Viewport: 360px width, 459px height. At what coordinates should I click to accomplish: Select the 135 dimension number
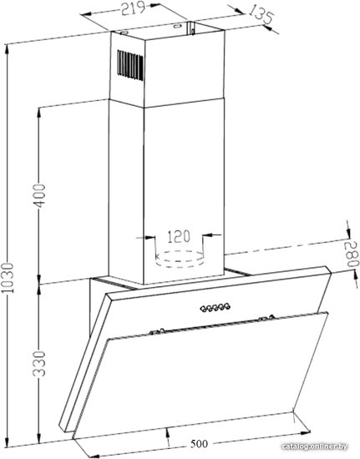261,13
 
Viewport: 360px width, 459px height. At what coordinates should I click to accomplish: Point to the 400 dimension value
39,195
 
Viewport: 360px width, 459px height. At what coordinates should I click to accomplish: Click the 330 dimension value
39,364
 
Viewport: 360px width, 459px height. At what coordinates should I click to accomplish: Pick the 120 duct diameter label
179,236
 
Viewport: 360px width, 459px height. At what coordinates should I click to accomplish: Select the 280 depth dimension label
352,254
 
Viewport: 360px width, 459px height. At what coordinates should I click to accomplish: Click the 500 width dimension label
199,444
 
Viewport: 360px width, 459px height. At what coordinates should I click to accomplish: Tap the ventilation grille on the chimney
130,65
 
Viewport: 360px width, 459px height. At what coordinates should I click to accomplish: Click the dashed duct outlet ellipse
179,259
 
